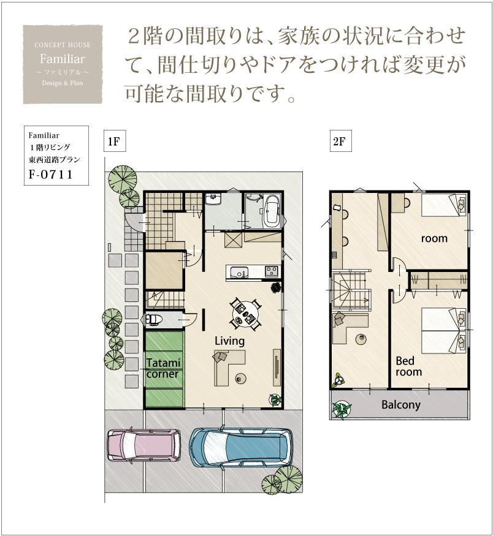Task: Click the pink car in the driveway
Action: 144,445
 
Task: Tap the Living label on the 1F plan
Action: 229,341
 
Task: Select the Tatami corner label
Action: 163,368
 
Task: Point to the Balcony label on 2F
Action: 400,405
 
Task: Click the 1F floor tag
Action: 115,141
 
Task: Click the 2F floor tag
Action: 340,141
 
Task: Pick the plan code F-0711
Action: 51,175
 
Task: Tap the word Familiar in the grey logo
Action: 63,59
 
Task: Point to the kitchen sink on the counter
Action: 239,273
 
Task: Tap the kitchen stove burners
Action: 271,271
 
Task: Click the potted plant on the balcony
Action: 342,409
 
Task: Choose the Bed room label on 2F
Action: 408,366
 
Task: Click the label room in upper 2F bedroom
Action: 434,238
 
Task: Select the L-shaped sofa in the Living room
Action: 229,368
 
